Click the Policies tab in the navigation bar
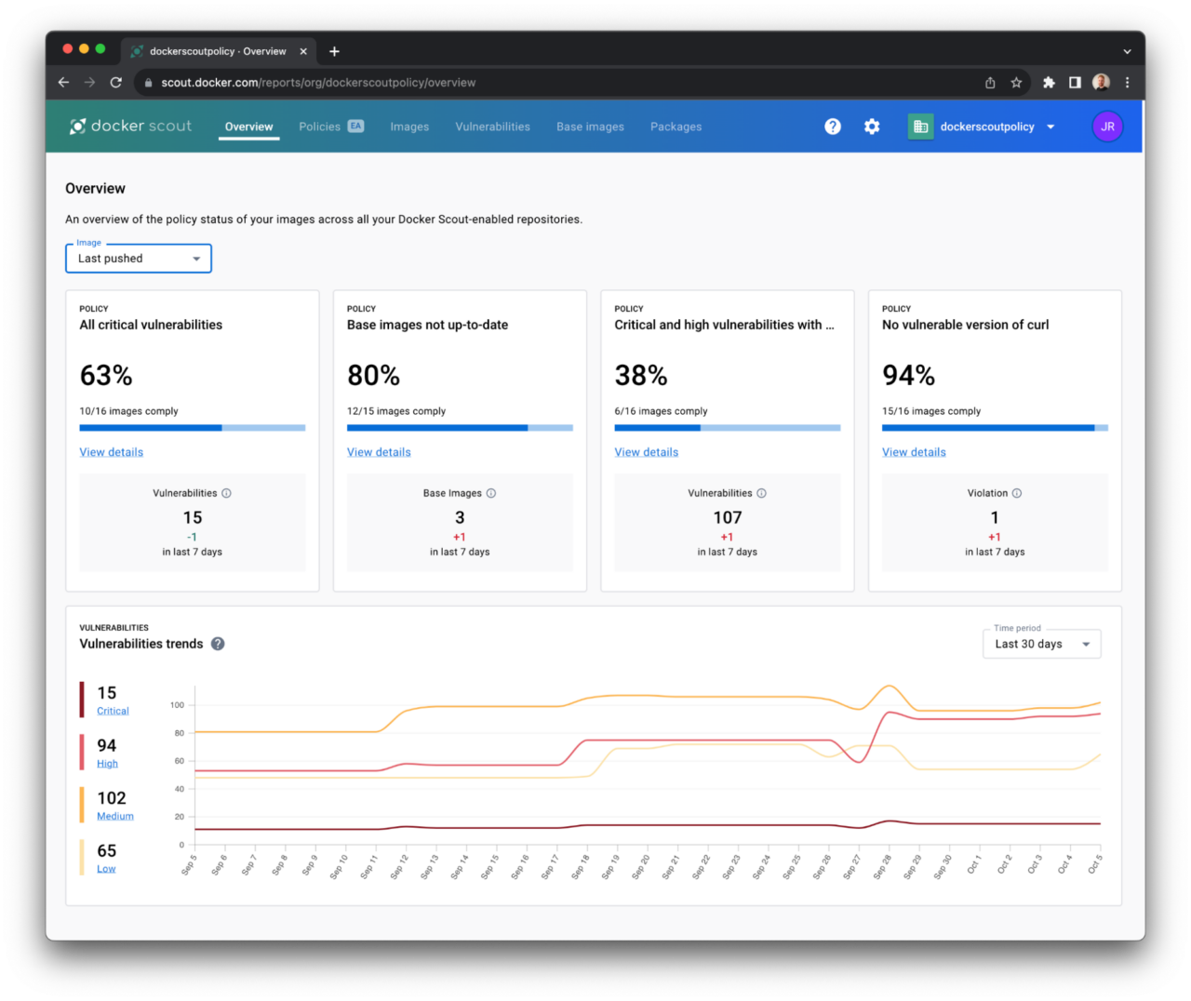(320, 127)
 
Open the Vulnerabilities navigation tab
(492, 127)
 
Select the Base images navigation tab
(590, 127)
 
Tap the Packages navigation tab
(676, 127)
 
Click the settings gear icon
(872, 127)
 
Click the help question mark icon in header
(833, 127)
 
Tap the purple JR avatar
(1107, 127)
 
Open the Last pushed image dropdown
(139, 259)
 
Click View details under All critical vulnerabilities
(112, 452)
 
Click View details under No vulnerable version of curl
(914, 452)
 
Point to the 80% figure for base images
(373, 376)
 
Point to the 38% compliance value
(641, 376)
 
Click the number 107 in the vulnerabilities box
(728, 518)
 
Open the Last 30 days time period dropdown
(1041, 644)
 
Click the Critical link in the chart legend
(113, 711)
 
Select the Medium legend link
(115, 816)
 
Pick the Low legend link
(106, 869)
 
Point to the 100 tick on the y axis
(177, 705)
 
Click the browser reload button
(116, 83)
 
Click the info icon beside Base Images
(491, 493)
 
